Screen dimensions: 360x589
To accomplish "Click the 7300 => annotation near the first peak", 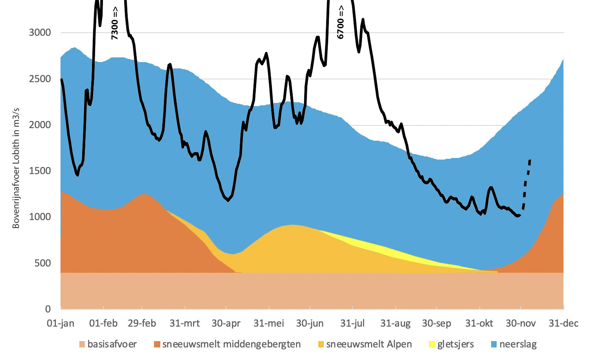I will tap(115, 23).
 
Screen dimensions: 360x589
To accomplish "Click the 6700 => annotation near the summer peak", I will tap(340, 22).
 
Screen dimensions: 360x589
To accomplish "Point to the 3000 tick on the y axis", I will tap(40, 33).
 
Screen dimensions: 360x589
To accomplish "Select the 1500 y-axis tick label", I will tap(40, 171).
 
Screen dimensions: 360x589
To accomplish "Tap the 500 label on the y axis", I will tap(42, 263).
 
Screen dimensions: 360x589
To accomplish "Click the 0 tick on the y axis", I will tap(48, 309).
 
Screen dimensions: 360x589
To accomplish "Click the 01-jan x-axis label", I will tap(61, 323).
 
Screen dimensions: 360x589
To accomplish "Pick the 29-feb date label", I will tap(142, 323).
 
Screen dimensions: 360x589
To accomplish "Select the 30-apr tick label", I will tap(226, 323).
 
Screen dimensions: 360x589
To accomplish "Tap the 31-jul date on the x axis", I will tap(352, 323).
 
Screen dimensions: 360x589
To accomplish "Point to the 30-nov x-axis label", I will tap(521, 323).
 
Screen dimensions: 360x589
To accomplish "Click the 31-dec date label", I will tap(563, 323).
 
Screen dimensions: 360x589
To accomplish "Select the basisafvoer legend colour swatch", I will tap(82, 345).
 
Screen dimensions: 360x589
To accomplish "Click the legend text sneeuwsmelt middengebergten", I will tap(231, 345).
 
